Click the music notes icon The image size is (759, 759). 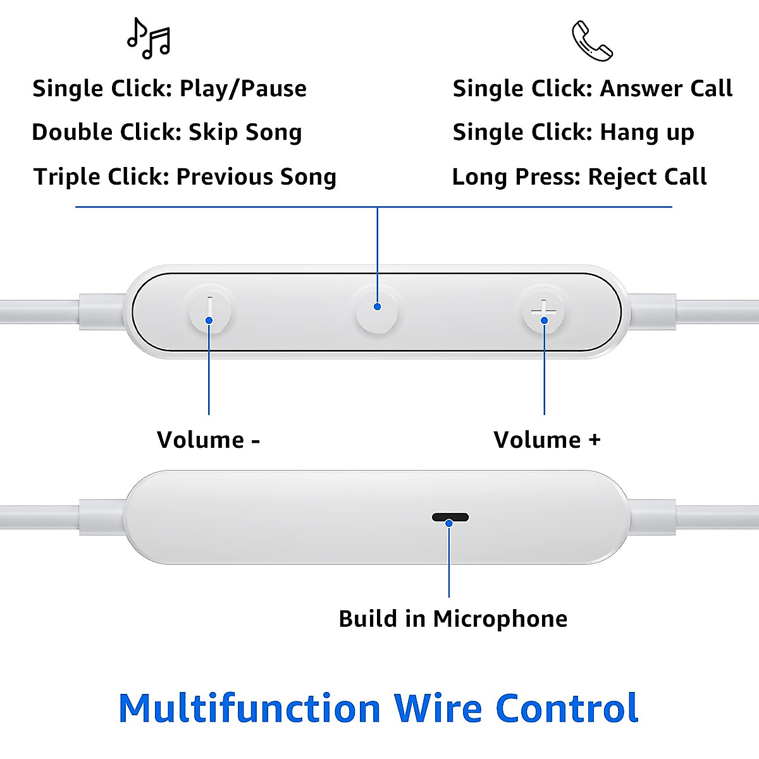coord(149,39)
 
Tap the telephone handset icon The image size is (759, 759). coord(592,41)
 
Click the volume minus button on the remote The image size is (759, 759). coord(209,311)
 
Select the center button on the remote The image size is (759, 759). coord(377,308)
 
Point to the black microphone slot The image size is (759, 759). coord(450,517)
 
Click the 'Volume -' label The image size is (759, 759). coord(208,440)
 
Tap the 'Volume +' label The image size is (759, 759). coord(547,440)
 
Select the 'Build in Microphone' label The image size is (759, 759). coord(453,619)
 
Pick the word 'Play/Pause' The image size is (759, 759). coord(243,89)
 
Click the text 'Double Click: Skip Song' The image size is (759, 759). coord(167,132)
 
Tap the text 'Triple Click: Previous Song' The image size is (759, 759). coord(185,176)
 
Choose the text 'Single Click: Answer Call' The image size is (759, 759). coord(592,89)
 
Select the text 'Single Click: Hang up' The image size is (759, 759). coord(573,132)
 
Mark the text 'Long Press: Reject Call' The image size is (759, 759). coord(579,176)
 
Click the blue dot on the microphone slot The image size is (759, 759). coord(449,523)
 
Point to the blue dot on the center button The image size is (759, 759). coord(377,307)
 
